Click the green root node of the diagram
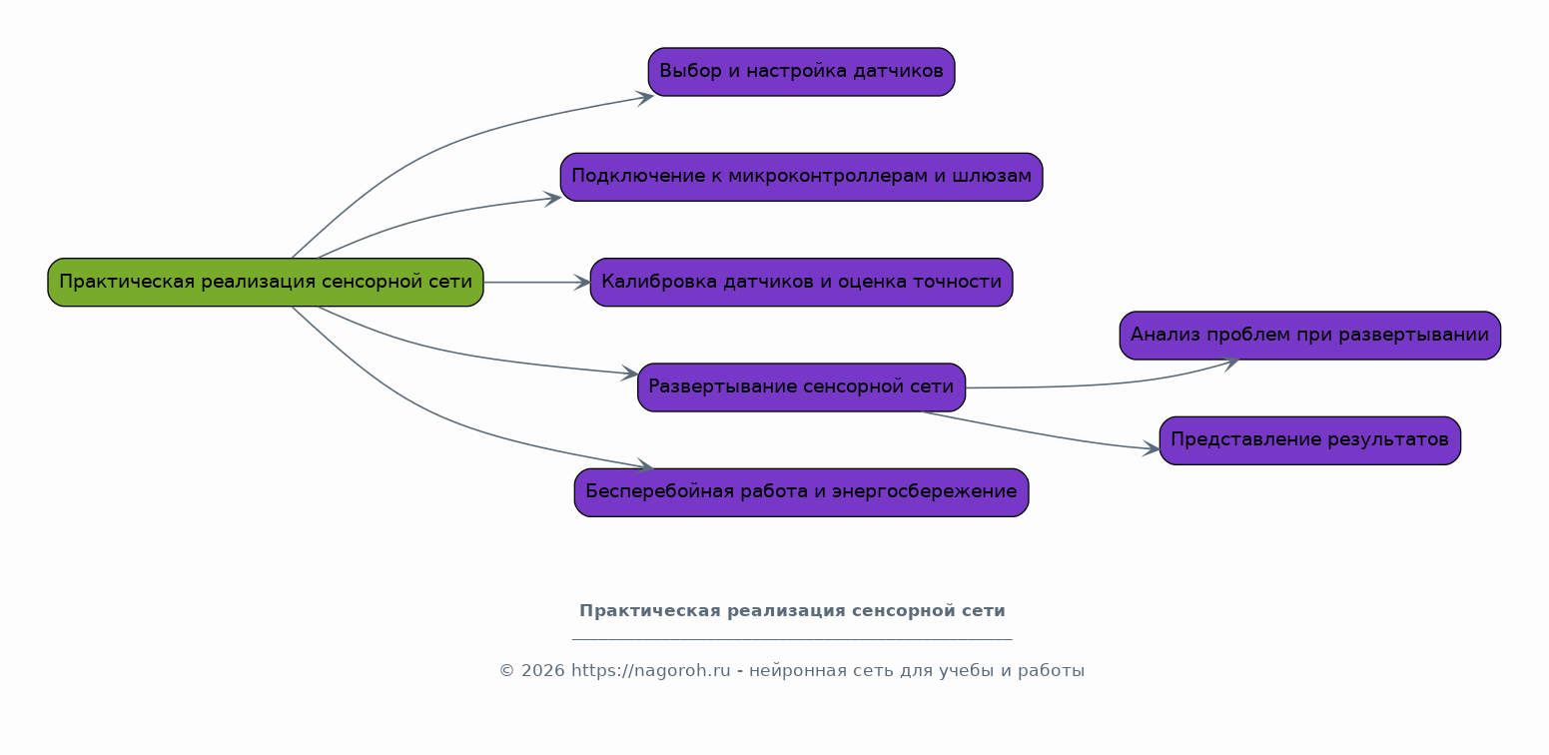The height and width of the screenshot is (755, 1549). pyautogui.click(x=266, y=283)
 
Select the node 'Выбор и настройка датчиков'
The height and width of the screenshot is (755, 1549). pyautogui.click(x=801, y=72)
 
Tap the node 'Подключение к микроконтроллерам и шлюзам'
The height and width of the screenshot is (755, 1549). pyautogui.click(x=801, y=177)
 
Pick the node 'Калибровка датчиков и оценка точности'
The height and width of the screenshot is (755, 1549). pyautogui.click(x=801, y=283)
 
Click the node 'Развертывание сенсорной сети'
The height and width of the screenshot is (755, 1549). pyautogui.click(x=801, y=387)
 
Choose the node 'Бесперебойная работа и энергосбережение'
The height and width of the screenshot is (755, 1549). pyautogui.click(x=801, y=492)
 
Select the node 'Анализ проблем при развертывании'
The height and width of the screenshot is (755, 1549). pyautogui.click(x=1309, y=336)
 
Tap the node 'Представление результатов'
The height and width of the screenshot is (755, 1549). pyautogui.click(x=1309, y=440)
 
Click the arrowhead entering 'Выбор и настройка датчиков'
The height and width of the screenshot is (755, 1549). pyautogui.click(x=645, y=97)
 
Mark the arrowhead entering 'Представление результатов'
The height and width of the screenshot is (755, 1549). pyautogui.click(x=1153, y=449)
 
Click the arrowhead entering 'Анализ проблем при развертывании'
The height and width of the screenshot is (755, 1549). pyautogui.click(x=1230, y=362)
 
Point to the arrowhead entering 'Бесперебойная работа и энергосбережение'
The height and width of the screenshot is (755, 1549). pyautogui.click(x=645, y=466)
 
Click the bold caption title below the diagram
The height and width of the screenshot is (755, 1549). pyautogui.click(x=792, y=611)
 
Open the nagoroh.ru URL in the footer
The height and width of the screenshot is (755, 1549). pyautogui.click(x=651, y=671)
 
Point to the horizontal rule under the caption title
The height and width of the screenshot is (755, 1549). pyautogui.click(x=792, y=638)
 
